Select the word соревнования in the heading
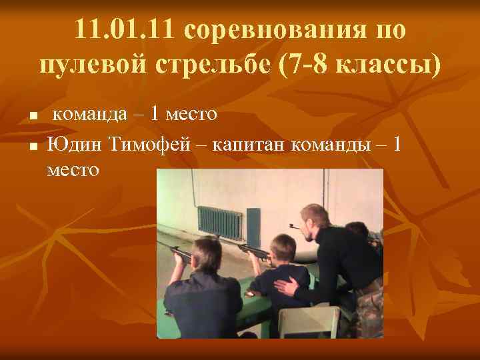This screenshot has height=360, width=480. [274, 30]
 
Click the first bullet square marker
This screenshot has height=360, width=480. [32, 117]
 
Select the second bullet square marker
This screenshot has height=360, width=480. [32, 145]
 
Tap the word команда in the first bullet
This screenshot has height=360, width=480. [89, 114]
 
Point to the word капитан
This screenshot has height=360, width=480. [248, 142]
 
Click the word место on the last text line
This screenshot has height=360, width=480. [73, 170]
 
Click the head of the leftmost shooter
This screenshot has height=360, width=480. [206, 254]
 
